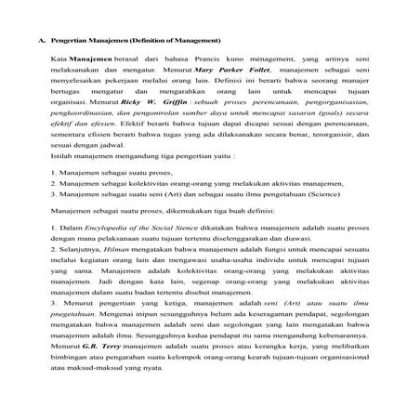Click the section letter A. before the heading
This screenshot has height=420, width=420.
coord(41,41)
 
